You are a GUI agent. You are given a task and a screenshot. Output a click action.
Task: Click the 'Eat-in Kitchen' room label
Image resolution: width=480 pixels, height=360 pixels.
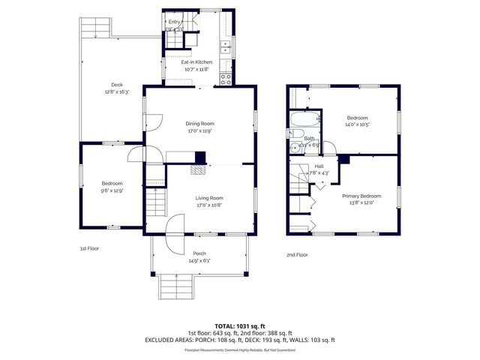pos(198,62)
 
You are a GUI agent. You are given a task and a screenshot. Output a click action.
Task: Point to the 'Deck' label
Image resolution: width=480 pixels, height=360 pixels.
pos(116,86)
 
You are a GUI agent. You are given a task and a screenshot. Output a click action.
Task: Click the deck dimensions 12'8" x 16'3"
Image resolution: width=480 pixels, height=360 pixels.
pos(116,92)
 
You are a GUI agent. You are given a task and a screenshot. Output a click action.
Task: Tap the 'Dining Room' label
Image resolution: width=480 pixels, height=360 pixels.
pos(200,123)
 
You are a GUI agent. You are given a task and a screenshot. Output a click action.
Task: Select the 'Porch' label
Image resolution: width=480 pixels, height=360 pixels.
pos(199,253)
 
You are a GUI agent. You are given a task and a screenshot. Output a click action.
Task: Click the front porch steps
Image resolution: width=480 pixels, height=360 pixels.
pos(177,286)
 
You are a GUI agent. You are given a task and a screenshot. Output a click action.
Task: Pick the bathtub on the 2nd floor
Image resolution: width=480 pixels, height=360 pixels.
pos(304,119)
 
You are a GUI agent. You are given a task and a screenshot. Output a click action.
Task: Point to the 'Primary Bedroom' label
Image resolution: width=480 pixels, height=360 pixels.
pos(357,196)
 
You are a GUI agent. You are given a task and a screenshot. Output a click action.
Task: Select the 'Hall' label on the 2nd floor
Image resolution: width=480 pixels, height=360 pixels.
pos(319,166)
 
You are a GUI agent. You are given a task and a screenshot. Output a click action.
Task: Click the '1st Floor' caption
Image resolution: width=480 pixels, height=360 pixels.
pos(89,248)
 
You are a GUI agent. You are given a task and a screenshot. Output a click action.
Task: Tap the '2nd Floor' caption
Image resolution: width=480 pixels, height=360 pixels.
pos(297,254)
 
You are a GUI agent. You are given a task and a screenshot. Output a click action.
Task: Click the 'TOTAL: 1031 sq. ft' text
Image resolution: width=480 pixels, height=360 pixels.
pos(239,326)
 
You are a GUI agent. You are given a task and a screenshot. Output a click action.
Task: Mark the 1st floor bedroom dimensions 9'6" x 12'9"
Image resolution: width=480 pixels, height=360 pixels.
pos(112,190)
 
